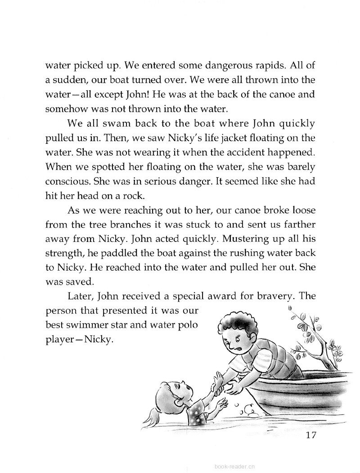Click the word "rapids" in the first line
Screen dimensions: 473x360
point(257,66)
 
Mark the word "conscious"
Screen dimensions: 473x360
point(66,181)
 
